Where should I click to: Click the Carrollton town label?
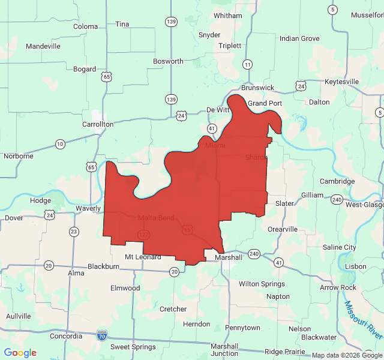click(97, 124)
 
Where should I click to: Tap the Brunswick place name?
click(257, 88)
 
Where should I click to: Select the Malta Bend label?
click(156, 218)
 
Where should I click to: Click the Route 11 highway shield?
click(248, 64)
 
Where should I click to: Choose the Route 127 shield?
click(143, 234)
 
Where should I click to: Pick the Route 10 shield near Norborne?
click(60, 144)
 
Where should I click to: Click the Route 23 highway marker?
click(74, 232)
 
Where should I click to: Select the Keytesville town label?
click(341, 82)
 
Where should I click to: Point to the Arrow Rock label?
click(338, 287)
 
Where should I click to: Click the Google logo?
click(20, 353)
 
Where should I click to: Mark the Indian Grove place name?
click(299, 38)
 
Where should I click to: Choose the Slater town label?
click(284, 203)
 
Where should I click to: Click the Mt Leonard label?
click(143, 257)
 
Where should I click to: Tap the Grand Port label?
click(265, 103)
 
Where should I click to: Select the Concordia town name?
click(66, 336)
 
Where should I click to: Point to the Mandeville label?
click(43, 46)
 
